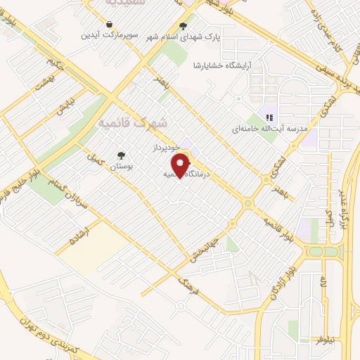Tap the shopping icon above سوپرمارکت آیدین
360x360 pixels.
pos(110,25)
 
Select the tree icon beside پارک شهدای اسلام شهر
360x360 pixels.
pos(184,27)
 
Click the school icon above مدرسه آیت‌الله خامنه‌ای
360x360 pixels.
pos(268,117)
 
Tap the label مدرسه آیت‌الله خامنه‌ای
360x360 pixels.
pos(269,129)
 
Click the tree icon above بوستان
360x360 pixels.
pos(122,155)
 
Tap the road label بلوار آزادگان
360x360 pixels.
pos(278,276)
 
